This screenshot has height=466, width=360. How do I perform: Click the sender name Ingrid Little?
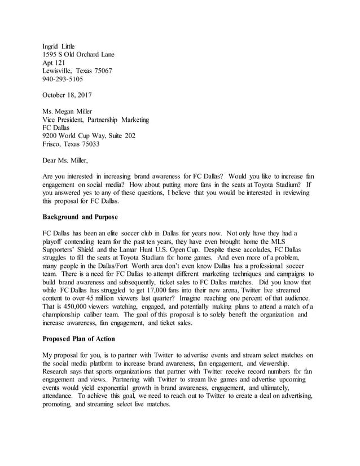59,46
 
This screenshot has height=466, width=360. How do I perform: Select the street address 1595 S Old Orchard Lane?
78,55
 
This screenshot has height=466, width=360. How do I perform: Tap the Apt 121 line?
54,63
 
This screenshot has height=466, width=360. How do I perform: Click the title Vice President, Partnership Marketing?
96,120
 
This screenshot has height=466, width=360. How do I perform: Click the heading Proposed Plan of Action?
78,338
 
